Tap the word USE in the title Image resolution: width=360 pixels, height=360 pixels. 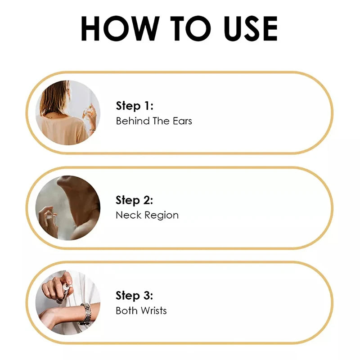[251, 28]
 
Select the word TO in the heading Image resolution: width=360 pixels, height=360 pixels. [190, 28]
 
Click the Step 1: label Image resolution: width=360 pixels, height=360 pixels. [135, 106]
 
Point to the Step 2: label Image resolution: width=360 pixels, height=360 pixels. [134, 200]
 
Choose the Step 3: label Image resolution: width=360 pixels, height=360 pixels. [134, 296]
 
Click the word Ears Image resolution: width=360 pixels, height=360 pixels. [182, 121]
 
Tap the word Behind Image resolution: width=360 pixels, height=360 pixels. [133, 121]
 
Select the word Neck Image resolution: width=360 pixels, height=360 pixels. [129, 215]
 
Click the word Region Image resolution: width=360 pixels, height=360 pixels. [162, 216]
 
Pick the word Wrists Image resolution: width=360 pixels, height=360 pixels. [154, 310]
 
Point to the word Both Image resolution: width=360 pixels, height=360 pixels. [127, 310]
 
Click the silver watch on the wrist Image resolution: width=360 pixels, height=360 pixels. [86, 314]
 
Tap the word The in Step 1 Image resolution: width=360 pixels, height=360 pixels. [161, 121]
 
